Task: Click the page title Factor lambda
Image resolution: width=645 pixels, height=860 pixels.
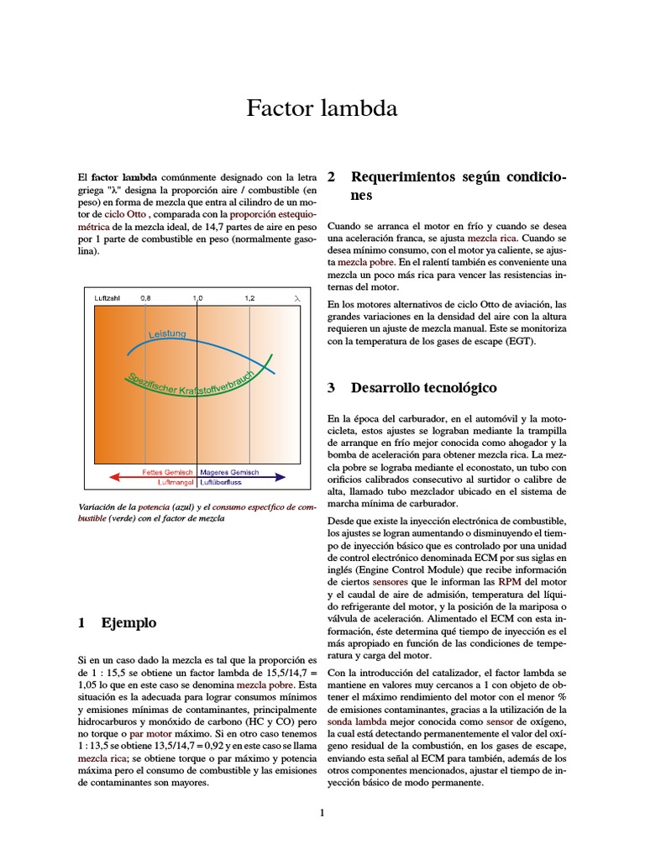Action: point(322,108)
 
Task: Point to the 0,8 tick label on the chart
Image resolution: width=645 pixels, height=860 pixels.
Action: point(146,298)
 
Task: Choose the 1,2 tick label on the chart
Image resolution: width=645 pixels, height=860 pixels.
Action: point(250,298)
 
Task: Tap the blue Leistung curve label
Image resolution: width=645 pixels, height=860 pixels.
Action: point(168,335)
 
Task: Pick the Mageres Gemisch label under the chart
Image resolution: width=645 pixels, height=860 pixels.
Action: point(229,472)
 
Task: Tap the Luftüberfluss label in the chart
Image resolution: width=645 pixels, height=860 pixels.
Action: point(223,482)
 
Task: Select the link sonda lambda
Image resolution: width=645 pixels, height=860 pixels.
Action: point(357,722)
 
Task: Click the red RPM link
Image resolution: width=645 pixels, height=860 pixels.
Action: point(509,581)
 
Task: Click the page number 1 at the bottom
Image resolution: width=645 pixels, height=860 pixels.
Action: point(322,812)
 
